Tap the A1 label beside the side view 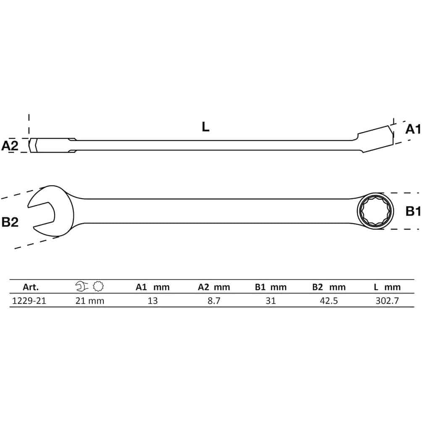coord(413,129)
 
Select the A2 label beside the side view coord(10,146)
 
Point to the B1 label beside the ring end coord(413,211)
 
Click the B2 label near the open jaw coord(10,222)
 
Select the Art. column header coord(31,287)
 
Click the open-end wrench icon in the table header coord(82,286)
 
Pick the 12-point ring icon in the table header coord(98,286)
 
